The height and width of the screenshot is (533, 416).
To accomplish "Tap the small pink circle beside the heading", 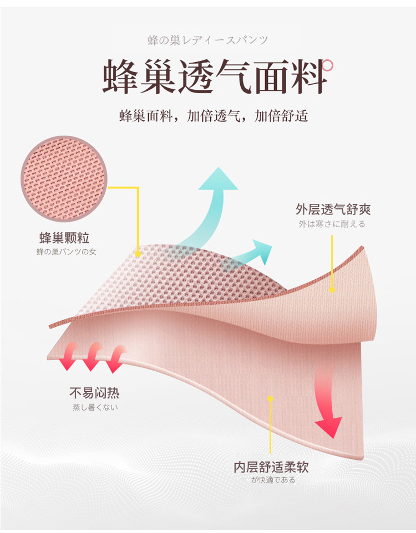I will pyautogui.click(x=328, y=66).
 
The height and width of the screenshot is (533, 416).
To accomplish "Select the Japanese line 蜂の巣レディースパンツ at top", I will pyautogui.click(x=208, y=40).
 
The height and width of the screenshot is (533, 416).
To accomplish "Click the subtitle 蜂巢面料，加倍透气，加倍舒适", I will pyautogui.click(x=214, y=116).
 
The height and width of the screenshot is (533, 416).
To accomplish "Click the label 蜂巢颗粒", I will pyautogui.click(x=64, y=239).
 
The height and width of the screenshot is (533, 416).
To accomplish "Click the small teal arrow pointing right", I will pyautogui.click(x=252, y=254).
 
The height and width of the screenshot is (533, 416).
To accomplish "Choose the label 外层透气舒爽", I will pyautogui.click(x=333, y=209).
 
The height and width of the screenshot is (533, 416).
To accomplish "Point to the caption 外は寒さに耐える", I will pyautogui.click(x=332, y=224).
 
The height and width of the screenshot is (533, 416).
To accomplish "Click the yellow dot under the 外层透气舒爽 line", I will pyautogui.click(x=332, y=289).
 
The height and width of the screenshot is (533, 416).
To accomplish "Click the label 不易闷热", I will pyautogui.click(x=94, y=393).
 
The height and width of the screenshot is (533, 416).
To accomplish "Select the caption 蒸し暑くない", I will pyautogui.click(x=95, y=407).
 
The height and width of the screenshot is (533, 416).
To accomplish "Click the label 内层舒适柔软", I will pyautogui.click(x=271, y=467).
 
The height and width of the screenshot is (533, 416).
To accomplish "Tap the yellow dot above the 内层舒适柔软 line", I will pyautogui.click(x=270, y=397).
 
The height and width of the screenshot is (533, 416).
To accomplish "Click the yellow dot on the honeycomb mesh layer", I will pyautogui.click(x=138, y=254).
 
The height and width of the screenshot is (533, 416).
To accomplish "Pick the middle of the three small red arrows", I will pyautogui.click(x=92, y=356).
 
